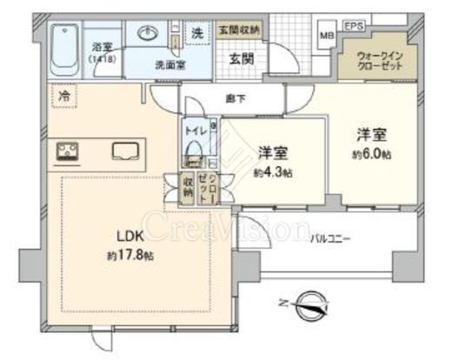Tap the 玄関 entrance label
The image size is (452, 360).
point(242,59)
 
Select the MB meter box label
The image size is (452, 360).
point(327,36)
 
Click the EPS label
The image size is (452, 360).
point(354,27)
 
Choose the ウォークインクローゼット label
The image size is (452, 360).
point(381,61)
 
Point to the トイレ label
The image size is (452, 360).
point(195,130)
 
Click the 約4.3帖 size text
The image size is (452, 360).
point(273,171)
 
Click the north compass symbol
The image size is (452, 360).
point(309,304)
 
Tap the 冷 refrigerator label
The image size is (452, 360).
point(63,95)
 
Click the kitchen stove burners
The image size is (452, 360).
point(69,153)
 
